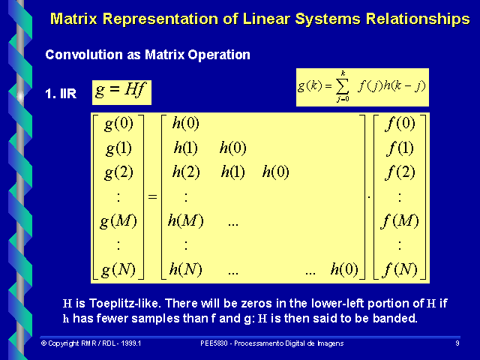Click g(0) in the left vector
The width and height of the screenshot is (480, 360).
click(x=120, y=123)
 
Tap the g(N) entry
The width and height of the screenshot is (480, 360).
click(x=120, y=269)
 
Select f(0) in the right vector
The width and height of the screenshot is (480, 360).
click(x=398, y=123)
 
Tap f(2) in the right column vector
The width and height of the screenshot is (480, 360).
click(x=398, y=172)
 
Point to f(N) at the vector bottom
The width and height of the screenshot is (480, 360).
click(x=398, y=269)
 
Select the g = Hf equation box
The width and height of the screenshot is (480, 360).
click(x=121, y=91)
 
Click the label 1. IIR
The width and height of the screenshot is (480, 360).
click(x=61, y=95)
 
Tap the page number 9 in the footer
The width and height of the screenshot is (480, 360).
click(x=457, y=343)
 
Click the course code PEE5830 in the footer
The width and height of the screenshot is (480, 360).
click(x=216, y=343)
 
